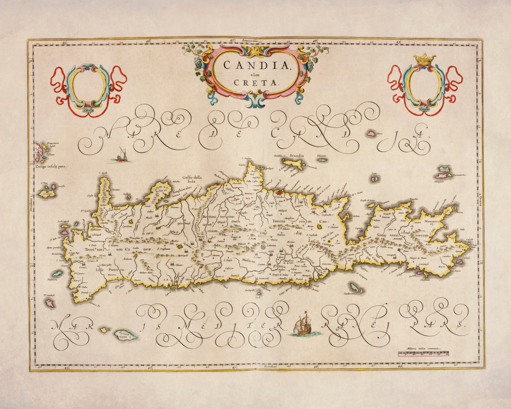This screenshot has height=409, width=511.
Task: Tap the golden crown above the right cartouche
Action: click(x=425, y=58)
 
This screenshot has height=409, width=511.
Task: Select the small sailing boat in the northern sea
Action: click(x=120, y=155)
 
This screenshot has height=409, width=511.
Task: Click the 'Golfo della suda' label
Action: click(x=191, y=179)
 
